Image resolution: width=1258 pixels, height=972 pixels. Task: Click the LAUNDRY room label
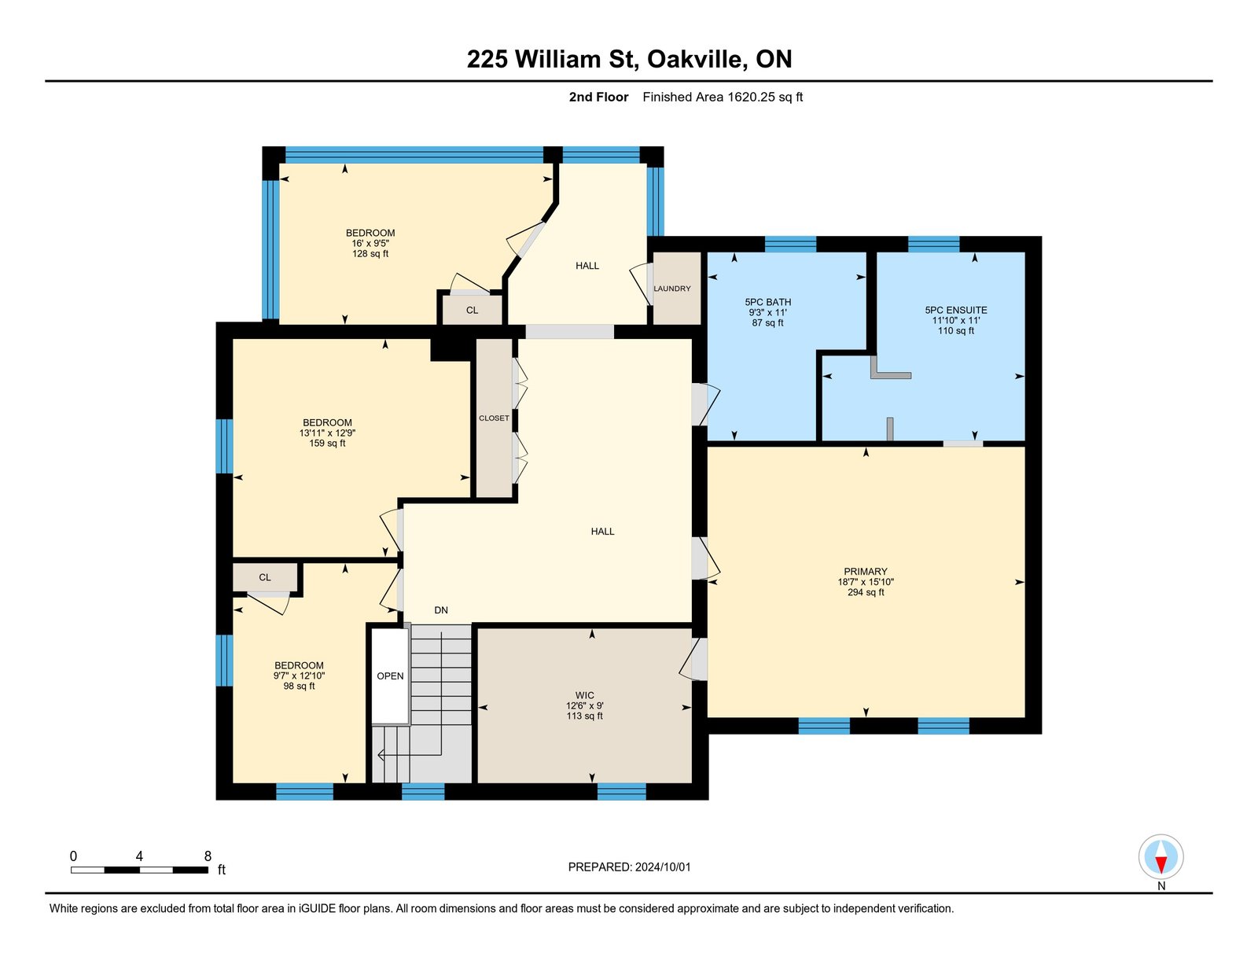point(672,289)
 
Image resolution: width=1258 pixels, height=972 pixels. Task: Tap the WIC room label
point(585,695)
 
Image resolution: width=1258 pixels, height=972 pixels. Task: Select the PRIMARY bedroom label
point(866,572)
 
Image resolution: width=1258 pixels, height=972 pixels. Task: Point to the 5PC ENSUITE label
point(956,311)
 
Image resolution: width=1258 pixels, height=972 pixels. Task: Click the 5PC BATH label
point(767,302)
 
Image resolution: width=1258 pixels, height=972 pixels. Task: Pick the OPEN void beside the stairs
point(390,676)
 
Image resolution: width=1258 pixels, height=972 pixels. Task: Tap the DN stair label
point(441,610)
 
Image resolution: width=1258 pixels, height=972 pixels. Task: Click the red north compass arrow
point(1161,865)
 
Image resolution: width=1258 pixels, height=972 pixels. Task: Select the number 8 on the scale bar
point(208,856)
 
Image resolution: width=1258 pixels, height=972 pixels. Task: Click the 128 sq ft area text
point(370,253)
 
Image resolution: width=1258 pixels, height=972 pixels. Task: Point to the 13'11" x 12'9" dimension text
point(327,433)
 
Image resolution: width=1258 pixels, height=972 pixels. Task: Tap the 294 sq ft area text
point(866,592)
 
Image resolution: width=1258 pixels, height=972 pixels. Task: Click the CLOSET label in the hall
point(494,418)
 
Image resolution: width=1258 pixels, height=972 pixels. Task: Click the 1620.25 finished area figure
point(751,98)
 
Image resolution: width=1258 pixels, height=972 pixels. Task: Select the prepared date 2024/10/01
point(663,867)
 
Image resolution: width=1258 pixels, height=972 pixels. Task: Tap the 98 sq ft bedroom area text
point(300,686)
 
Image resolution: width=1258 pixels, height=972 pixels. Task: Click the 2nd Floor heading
point(598,98)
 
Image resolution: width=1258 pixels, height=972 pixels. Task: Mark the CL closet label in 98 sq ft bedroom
point(264,577)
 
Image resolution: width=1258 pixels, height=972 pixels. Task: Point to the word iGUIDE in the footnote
point(317,908)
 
